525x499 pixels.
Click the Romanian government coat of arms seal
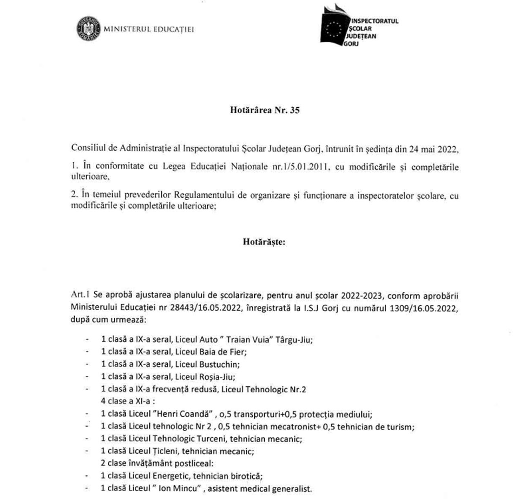pos(89,29)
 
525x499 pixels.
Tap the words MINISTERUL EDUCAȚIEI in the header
pos(149,29)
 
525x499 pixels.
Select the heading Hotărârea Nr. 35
pos(265,110)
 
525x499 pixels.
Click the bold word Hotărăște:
pos(264,242)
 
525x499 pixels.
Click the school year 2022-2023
pos(361,295)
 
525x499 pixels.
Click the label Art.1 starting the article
pos(80,295)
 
